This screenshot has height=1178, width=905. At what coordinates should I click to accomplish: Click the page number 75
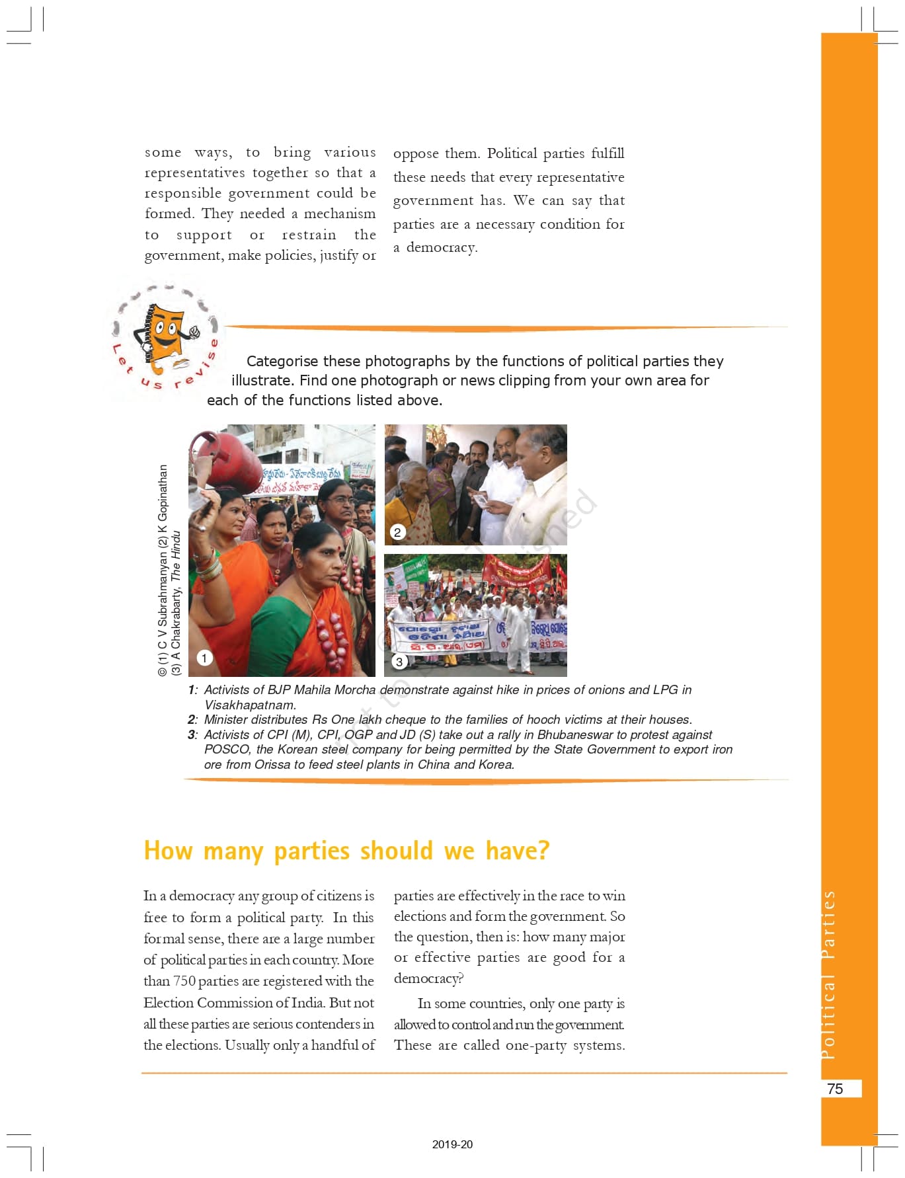[x=835, y=1089]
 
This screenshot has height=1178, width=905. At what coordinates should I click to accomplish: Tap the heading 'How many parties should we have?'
[x=346, y=850]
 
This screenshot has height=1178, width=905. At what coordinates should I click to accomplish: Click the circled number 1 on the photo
[x=204, y=658]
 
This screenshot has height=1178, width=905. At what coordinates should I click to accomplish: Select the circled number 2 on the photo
[x=397, y=532]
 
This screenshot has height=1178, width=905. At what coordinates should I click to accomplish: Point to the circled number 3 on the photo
[x=399, y=662]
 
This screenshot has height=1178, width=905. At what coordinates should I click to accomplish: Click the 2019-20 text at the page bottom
[x=452, y=1144]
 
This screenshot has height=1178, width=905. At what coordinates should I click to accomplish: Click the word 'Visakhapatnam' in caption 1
[x=250, y=705]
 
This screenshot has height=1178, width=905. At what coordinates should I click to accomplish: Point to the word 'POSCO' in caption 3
[x=227, y=749]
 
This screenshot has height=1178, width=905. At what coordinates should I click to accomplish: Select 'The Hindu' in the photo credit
[x=176, y=556]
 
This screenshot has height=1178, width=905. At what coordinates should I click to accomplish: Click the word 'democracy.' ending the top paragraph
[x=442, y=247]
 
